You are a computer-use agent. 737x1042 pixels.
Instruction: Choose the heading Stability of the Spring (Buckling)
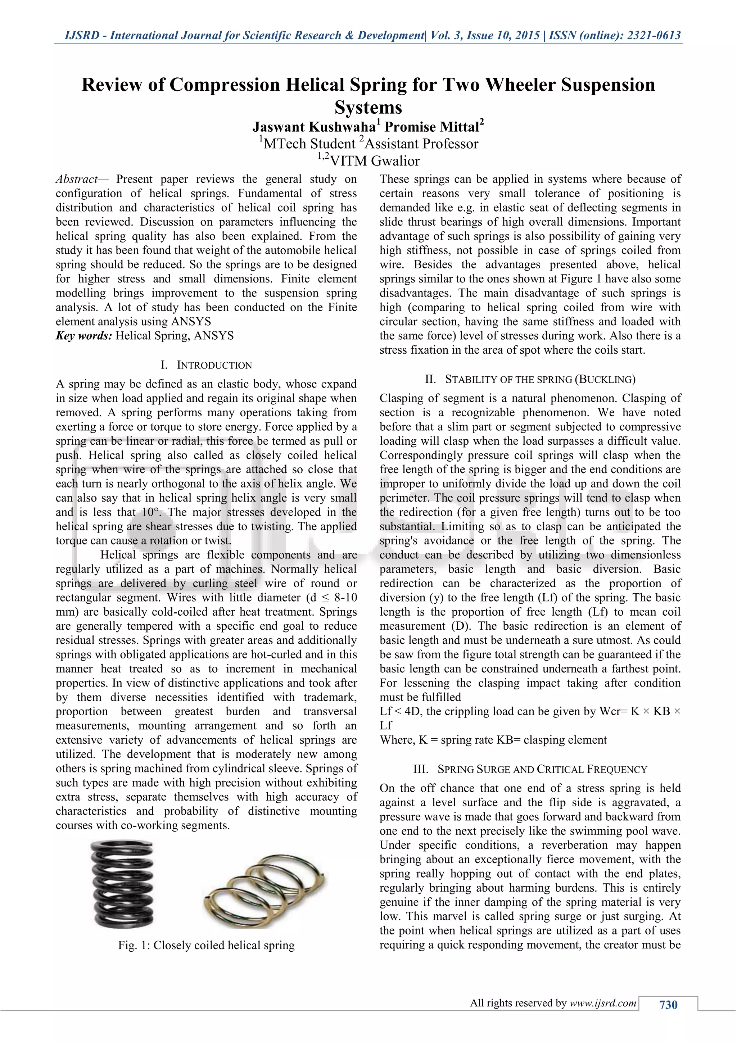coord(530,379)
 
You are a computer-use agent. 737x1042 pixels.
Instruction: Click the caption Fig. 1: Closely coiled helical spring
coord(207,945)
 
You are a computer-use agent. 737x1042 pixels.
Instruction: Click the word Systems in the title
coord(368,108)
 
